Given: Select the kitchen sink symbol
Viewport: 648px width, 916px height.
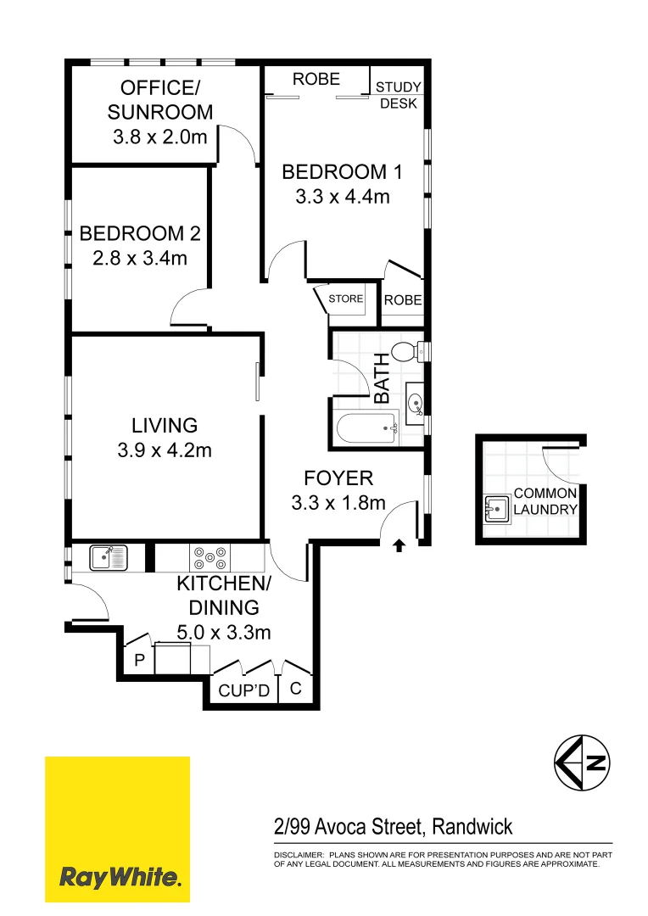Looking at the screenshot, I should tap(108, 557).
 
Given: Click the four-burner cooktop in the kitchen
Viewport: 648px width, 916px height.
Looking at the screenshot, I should tap(209, 557).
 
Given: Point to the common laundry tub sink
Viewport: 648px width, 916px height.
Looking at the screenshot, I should tap(497, 508).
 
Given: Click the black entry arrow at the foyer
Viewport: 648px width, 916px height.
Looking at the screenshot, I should tap(399, 547).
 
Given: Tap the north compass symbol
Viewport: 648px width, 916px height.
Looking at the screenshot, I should tap(583, 762).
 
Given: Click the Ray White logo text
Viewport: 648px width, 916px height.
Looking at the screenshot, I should tap(120, 876).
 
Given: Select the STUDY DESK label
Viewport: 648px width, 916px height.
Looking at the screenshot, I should tap(398, 95).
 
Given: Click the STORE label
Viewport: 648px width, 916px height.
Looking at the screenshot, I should tap(346, 299).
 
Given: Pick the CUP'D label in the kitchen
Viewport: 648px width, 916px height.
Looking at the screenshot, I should tap(244, 691).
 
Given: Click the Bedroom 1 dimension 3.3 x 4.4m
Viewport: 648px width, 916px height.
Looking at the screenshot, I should tap(342, 197).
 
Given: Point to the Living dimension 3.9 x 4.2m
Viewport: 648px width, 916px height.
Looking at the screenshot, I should tap(165, 450).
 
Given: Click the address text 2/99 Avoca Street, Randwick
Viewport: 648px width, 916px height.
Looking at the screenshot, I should tap(393, 826).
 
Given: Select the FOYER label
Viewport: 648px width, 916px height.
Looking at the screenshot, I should tap(338, 479).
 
